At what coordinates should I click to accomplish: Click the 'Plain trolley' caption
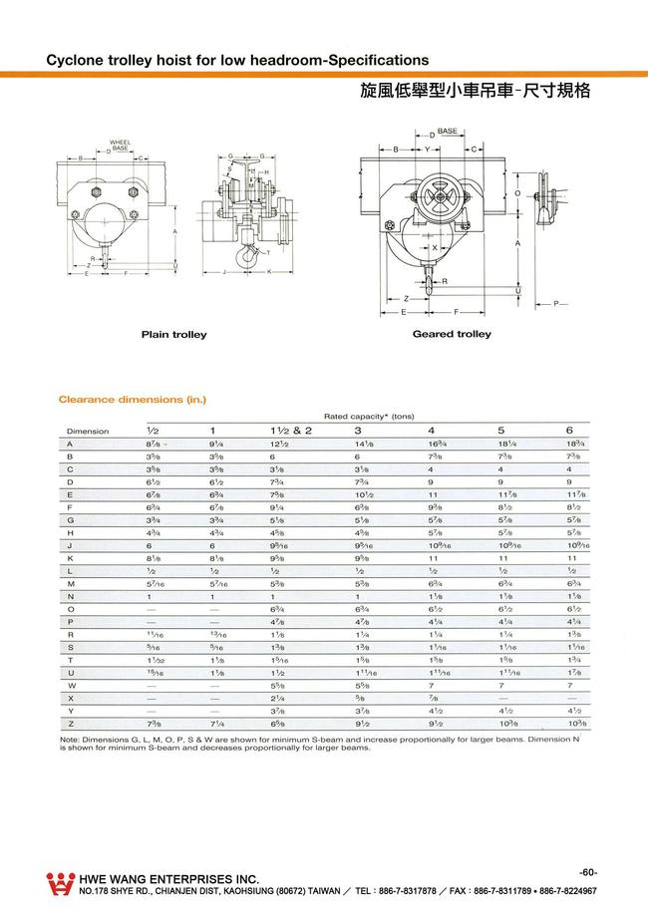pos(173,335)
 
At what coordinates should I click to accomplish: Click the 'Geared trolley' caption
pos(452,334)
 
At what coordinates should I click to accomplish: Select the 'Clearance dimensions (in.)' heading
pos(133,401)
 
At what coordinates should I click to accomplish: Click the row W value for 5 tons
pos(501,686)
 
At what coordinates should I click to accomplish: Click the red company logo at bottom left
pos(61,883)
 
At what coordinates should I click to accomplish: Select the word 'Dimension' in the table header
pos(88,432)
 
